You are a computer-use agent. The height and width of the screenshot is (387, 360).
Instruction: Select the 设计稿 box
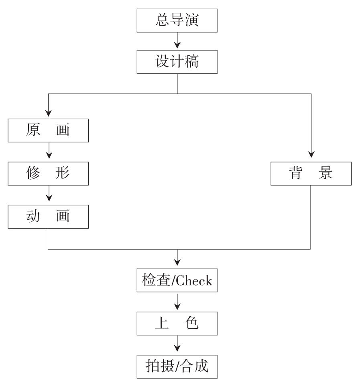click(x=177, y=62)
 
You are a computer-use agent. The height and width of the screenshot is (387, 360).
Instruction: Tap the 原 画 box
click(x=48, y=131)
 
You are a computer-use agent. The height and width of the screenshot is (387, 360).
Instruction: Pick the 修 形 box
click(x=48, y=174)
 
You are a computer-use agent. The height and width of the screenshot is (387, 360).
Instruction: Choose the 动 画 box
click(x=48, y=217)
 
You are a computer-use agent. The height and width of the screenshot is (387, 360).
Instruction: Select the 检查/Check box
click(x=177, y=281)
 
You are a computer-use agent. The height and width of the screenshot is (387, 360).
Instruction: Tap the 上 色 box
click(x=177, y=324)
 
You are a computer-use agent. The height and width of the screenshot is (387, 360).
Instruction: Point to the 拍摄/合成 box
click(x=177, y=367)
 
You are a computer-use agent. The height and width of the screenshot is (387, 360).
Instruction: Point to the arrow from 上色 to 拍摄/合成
click(x=177, y=345)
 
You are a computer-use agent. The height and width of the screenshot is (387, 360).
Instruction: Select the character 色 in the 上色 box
click(x=193, y=324)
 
